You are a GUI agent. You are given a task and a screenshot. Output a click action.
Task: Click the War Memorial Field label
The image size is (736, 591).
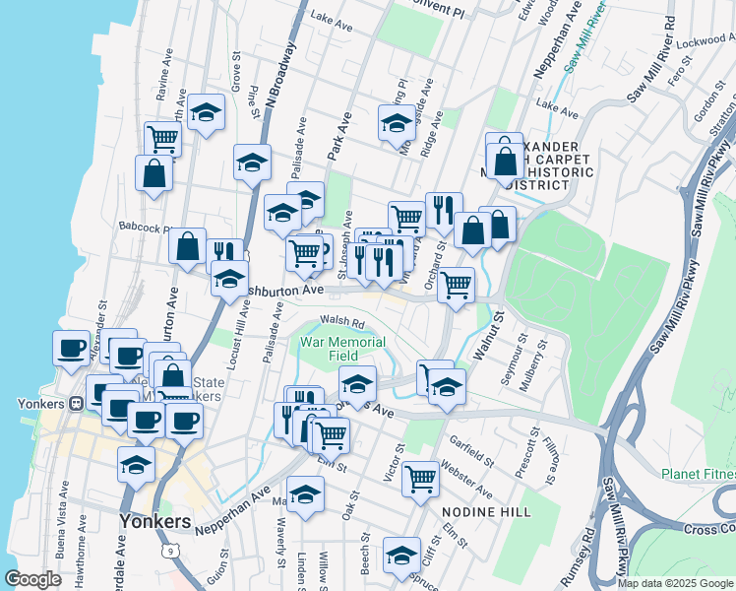(x=329, y=348)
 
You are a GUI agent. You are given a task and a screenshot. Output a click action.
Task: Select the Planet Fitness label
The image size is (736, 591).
(x=698, y=474)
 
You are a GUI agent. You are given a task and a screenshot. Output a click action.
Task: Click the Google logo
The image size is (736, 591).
(x=33, y=578)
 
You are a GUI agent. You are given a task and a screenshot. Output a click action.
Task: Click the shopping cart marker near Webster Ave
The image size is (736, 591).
(x=421, y=478)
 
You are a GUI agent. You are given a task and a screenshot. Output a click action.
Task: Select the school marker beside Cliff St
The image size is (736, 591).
(x=401, y=554)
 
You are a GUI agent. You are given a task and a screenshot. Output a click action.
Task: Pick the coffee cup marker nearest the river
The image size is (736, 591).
(x=71, y=348)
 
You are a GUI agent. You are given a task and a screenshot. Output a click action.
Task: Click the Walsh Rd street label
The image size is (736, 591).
(x=342, y=321)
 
